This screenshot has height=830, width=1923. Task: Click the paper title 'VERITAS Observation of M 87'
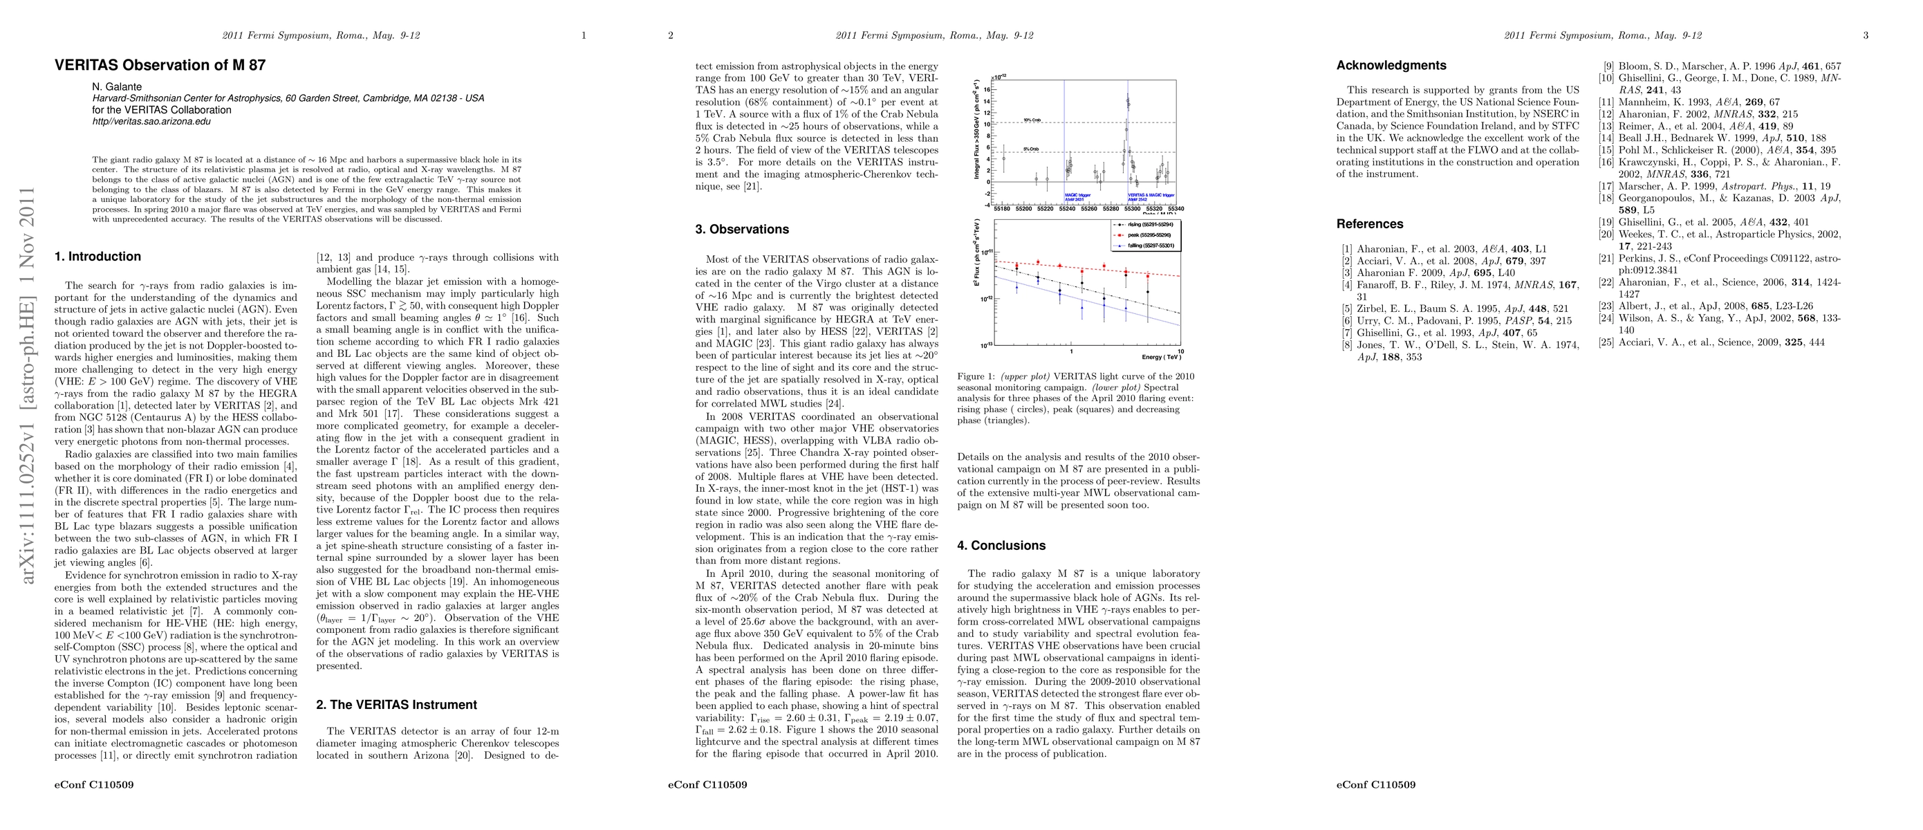coord(160,65)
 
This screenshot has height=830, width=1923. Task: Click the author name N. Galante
coord(116,86)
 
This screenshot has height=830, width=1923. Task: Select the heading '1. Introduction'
coord(97,256)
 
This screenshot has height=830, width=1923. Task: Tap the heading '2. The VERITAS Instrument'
coord(396,705)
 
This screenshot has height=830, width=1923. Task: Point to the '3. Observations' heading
coord(741,229)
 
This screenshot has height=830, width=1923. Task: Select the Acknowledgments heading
coord(1391,65)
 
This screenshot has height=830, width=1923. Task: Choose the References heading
coord(1369,224)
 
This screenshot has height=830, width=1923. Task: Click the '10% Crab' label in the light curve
coord(1032,120)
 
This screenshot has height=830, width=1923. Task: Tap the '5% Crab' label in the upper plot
coord(1031,149)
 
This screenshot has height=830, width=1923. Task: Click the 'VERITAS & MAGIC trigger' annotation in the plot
coord(1151,195)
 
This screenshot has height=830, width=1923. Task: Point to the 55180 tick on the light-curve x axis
coord(1003,209)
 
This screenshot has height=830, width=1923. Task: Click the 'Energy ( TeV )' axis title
coord(1162,357)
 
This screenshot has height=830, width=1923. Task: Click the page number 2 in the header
coord(670,35)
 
